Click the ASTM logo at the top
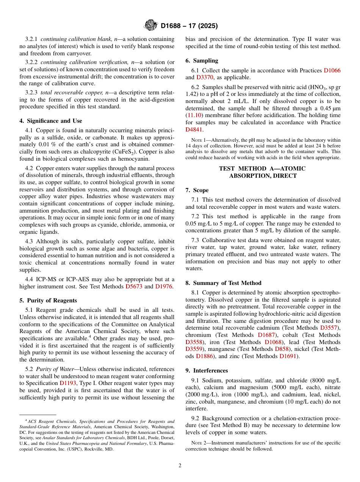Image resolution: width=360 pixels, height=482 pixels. [151, 26]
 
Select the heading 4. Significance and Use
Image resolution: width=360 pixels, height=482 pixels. [51, 121]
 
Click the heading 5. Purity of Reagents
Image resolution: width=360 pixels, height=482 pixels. [48, 300]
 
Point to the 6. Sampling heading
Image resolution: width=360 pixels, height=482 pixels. [202, 61]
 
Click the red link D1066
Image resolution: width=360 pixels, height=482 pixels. [332, 70]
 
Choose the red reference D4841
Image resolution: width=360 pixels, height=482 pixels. [194, 130]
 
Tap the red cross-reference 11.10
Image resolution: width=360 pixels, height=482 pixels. [194, 116]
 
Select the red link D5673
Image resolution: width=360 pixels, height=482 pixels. [133, 286]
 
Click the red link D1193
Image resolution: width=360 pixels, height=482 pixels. [68, 383]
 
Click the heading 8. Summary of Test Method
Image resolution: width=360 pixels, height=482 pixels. [223, 283]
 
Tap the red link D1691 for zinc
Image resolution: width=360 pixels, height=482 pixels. [288, 356]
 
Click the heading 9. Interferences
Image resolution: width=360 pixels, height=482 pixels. [207, 370]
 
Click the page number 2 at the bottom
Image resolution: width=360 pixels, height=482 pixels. [180, 466]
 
